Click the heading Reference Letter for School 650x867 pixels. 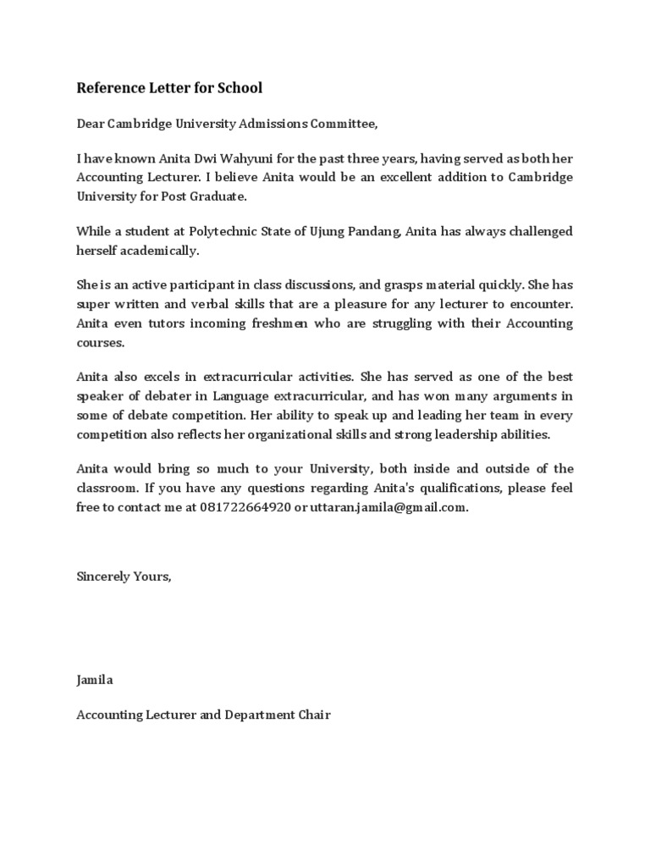pos(169,87)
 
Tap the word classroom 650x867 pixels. pos(107,489)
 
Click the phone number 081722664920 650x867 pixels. pos(245,508)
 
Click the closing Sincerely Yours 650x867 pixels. pos(124,576)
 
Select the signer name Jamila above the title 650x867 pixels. pos(95,679)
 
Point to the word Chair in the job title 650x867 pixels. pos(312,715)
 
